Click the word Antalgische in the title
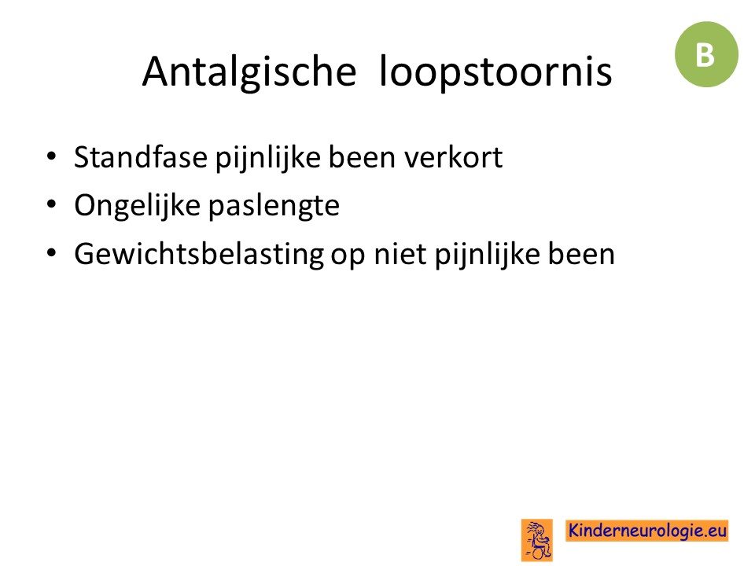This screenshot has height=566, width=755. (x=249, y=72)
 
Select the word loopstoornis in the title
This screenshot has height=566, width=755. (x=495, y=72)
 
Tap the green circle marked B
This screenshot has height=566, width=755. (x=706, y=54)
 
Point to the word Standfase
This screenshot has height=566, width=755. (x=141, y=157)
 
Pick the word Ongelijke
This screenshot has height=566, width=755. (x=137, y=205)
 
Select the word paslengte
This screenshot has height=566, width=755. (x=274, y=205)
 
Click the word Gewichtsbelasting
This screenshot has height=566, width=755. (x=199, y=254)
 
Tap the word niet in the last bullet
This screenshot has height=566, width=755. (x=400, y=254)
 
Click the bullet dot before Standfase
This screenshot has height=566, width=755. (x=52, y=156)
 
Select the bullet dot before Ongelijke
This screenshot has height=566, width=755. (x=52, y=204)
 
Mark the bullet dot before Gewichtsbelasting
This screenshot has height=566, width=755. (x=52, y=252)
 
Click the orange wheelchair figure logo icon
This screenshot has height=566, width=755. (x=537, y=539)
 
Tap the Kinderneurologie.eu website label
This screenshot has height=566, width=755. (x=647, y=531)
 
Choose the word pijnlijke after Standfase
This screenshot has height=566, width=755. (x=267, y=158)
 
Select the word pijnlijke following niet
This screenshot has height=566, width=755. (x=488, y=255)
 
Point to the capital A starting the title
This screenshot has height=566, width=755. (x=157, y=72)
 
